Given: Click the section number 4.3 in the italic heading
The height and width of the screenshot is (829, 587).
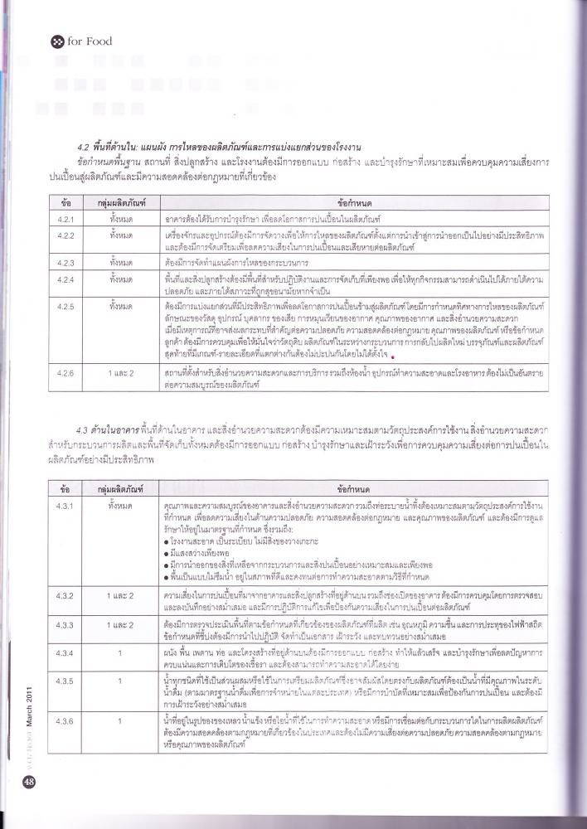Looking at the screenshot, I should (x=81, y=429).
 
